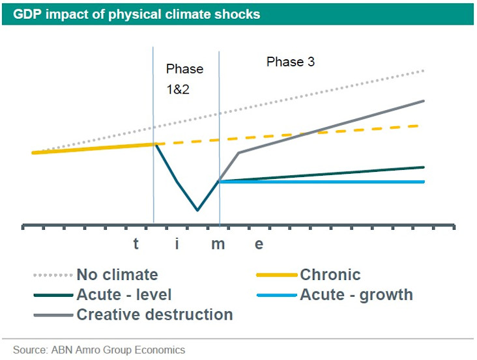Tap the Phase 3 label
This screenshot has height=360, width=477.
pos(291,62)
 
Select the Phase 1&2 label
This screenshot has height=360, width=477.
pos(184,78)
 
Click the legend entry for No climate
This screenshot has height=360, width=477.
pos(117,275)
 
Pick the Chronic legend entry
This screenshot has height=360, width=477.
pos(330,275)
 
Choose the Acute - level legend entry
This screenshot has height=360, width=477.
pos(124,294)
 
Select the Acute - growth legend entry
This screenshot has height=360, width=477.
pos(356,294)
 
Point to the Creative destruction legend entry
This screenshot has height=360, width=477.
pos(154,314)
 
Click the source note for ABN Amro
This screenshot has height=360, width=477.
pos(98,350)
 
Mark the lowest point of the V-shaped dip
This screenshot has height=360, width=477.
pos(197,210)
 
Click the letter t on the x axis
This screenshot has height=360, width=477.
pos(136,245)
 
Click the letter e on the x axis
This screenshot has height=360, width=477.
pos(259,245)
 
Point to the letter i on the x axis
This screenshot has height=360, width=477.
pos(177,245)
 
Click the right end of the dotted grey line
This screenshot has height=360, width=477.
pos(424,70)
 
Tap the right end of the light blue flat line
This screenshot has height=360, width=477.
pos(424,182)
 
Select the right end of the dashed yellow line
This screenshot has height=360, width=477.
pos(418,125)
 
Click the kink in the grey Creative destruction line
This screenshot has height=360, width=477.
pos(238,153)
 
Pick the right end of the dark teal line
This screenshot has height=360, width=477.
pos(424,167)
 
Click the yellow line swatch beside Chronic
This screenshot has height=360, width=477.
pos(278,275)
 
